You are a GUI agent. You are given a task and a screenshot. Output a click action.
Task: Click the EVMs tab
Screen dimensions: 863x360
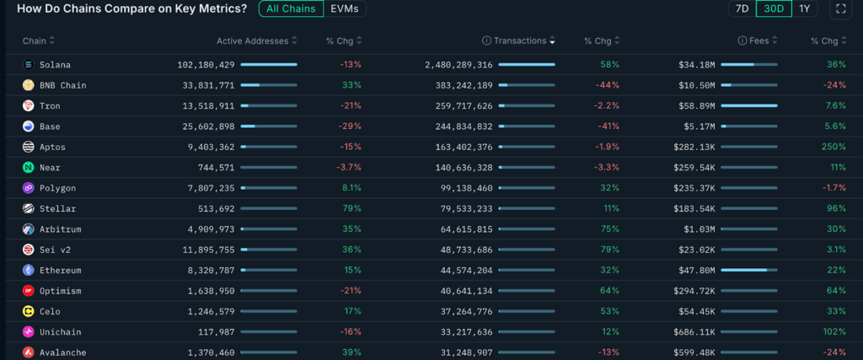[x=345, y=8]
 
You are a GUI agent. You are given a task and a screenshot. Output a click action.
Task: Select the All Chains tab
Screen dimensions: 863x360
[x=291, y=8]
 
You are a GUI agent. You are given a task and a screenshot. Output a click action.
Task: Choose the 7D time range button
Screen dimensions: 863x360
[x=742, y=8]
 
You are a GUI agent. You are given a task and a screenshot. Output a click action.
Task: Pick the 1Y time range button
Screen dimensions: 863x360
[x=805, y=8]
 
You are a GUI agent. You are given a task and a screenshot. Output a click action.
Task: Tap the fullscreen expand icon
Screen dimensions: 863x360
[x=840, y=8]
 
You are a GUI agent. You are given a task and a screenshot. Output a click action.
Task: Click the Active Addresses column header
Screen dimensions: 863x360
[x=252, y=40]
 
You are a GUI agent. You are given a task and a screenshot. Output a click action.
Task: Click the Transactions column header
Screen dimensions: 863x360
[x=520, y=40]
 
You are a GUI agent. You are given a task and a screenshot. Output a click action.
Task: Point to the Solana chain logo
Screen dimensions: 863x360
[x=28, y=65]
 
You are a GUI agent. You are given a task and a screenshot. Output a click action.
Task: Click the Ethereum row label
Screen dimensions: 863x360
[x=61, y=271]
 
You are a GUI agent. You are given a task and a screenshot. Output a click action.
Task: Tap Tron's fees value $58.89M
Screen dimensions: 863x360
[x=697, y=105]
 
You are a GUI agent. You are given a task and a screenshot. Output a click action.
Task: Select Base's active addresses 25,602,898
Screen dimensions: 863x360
[x=209, y=126]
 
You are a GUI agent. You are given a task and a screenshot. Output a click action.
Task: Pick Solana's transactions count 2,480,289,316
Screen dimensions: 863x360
[x=459, y=65]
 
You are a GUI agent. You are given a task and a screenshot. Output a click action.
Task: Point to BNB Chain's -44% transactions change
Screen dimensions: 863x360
[x=608, y=85]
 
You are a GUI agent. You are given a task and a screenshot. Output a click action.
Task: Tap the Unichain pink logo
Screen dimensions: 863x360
[x=28, y=332]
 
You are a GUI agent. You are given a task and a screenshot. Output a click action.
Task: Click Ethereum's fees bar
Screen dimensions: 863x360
[x=749, y=271]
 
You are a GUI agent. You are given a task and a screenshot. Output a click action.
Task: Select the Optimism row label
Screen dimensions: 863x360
[x=61, y=291]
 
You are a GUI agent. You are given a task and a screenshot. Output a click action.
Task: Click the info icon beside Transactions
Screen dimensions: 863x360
[x=486, y=40]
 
